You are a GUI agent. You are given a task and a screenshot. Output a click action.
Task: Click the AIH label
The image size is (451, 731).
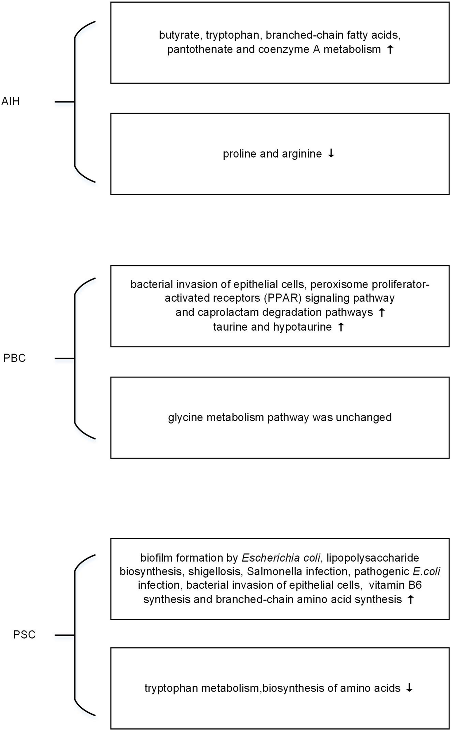(x=11, y=101)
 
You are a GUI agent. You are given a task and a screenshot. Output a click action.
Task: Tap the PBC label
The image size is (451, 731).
(x=14, y=358)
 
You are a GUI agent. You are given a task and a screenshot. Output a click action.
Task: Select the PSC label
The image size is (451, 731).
(x=24, y=635)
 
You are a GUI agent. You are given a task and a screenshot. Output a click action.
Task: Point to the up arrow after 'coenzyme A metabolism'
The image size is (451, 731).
(x=390, y=49)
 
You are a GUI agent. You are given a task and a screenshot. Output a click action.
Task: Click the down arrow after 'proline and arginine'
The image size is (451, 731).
(x=331, y=154)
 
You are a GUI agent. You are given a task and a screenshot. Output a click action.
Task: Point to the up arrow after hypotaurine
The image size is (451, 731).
(x=341, y=327)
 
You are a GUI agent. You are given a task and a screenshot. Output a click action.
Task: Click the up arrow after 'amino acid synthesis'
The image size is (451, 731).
(x=410, y=599)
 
